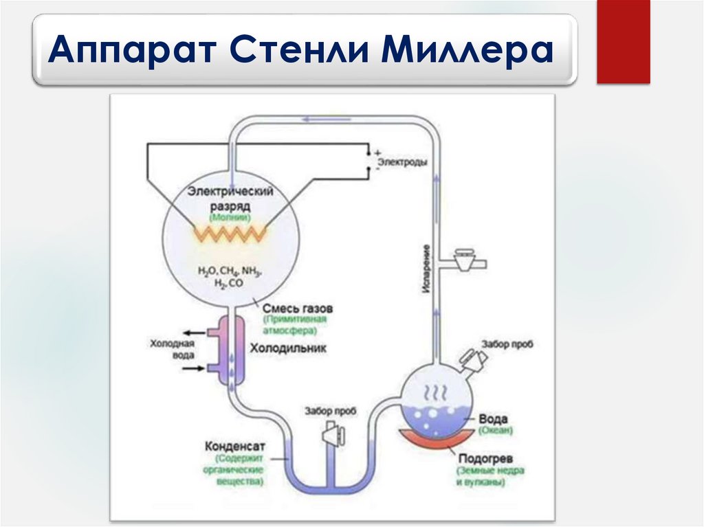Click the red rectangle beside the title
coord(623,42)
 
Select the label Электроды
coord(403,162)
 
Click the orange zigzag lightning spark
coord(230,233)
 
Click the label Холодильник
coord(288,348)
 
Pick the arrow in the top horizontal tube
coord(323,118)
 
